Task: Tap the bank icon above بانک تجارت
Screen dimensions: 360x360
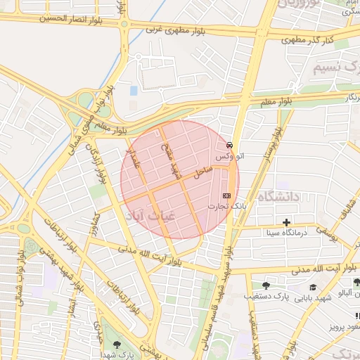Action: click(226, 195)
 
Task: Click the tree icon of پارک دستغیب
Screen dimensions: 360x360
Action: click(266, 285)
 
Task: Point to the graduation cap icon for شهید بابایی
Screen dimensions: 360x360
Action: click(313, 287)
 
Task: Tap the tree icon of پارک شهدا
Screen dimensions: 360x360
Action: click(116, 345)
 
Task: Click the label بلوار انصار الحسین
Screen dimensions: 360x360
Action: click(61, 16)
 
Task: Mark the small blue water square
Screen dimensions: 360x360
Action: click(134, 91)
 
